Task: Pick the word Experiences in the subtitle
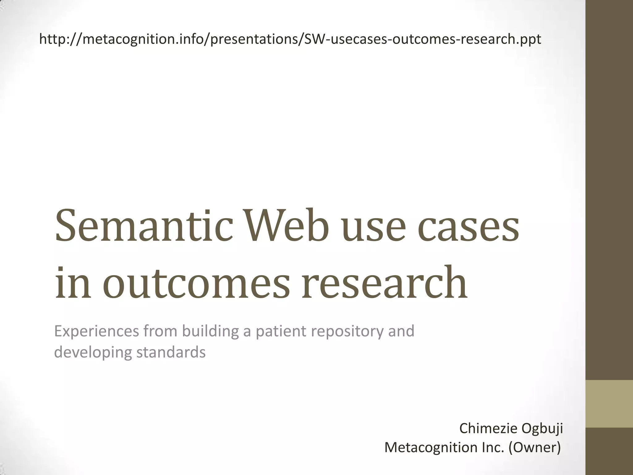96,332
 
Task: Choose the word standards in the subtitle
171,352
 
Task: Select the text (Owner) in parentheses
535,447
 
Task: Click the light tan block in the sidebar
609,404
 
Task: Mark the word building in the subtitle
210,332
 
